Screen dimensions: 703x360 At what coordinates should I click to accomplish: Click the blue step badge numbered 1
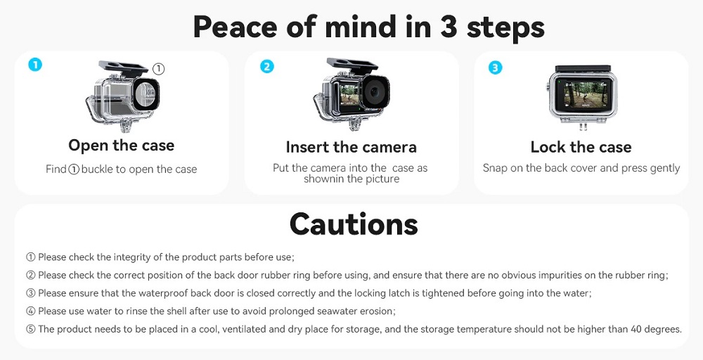[x=35, y=65]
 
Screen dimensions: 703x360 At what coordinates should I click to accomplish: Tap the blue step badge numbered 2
[x=266, y=66]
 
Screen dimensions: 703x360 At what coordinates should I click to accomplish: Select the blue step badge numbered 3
[x=495, y=67]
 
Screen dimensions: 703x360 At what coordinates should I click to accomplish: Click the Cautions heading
[x=354, y=224]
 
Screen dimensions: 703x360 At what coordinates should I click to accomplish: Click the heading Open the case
[x=121, y=146]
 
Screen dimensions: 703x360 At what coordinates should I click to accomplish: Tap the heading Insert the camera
[x=351, y=147]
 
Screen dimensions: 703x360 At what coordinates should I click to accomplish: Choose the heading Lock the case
[x=581, y=147]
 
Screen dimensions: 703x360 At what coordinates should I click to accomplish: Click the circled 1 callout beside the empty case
[x=159, y=69]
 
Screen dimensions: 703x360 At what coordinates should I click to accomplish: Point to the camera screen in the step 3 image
[x=583, y=95]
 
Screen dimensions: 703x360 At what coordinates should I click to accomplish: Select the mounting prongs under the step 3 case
[x=583, y=127]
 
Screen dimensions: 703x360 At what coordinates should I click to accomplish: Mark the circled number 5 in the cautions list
[x=30, y=329]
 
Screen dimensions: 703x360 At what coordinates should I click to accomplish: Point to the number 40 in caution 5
[x=637, y=329]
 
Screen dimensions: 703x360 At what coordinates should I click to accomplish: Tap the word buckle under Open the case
[x=96, y=169]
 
